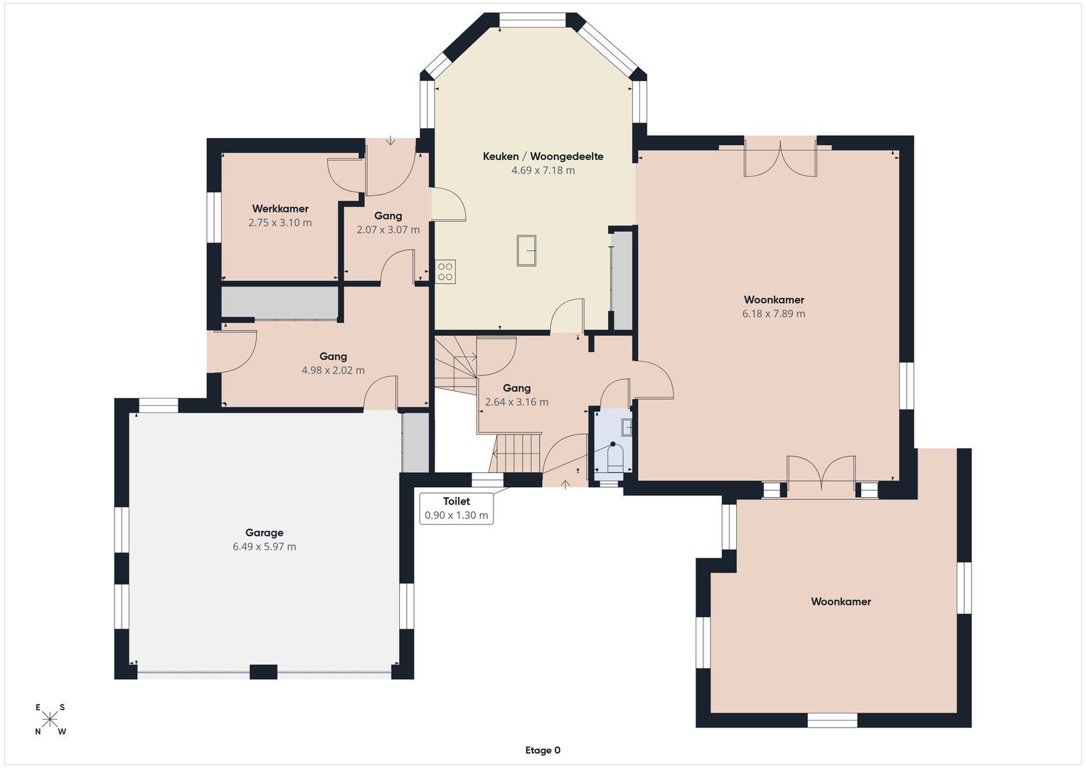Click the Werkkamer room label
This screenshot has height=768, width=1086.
click(x=280, y=208)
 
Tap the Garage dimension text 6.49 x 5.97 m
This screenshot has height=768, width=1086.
click(x=264, y=547)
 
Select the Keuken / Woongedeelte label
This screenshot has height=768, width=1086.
click(x=543, y=156)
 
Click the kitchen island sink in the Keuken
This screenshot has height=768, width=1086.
click(x=526, y=250)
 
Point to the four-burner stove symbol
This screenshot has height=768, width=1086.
click(x=445, y=272)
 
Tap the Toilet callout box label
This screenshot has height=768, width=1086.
click(x=457, y=501)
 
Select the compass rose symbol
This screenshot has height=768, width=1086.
click(x=50, y=720)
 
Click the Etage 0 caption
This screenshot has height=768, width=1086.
click(x=543, y=750)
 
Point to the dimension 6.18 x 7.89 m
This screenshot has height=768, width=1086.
click(x=774, y=314)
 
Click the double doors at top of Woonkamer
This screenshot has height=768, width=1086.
click(x=780, y=159)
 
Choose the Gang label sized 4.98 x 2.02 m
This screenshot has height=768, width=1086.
click(x=333, y=356)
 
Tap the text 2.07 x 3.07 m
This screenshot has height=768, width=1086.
click(x=388, y=230)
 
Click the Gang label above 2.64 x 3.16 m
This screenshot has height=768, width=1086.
click(x=516, y=388)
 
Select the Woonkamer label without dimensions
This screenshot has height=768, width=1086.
click(x=841, y=602)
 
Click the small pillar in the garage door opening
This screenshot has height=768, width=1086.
click(x=263, y=672)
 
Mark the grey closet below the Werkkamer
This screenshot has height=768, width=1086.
click(x=280, y=302)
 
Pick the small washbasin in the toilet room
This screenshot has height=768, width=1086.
click(x=627, y=427)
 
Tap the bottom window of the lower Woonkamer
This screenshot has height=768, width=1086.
click(x=832, y=720)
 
